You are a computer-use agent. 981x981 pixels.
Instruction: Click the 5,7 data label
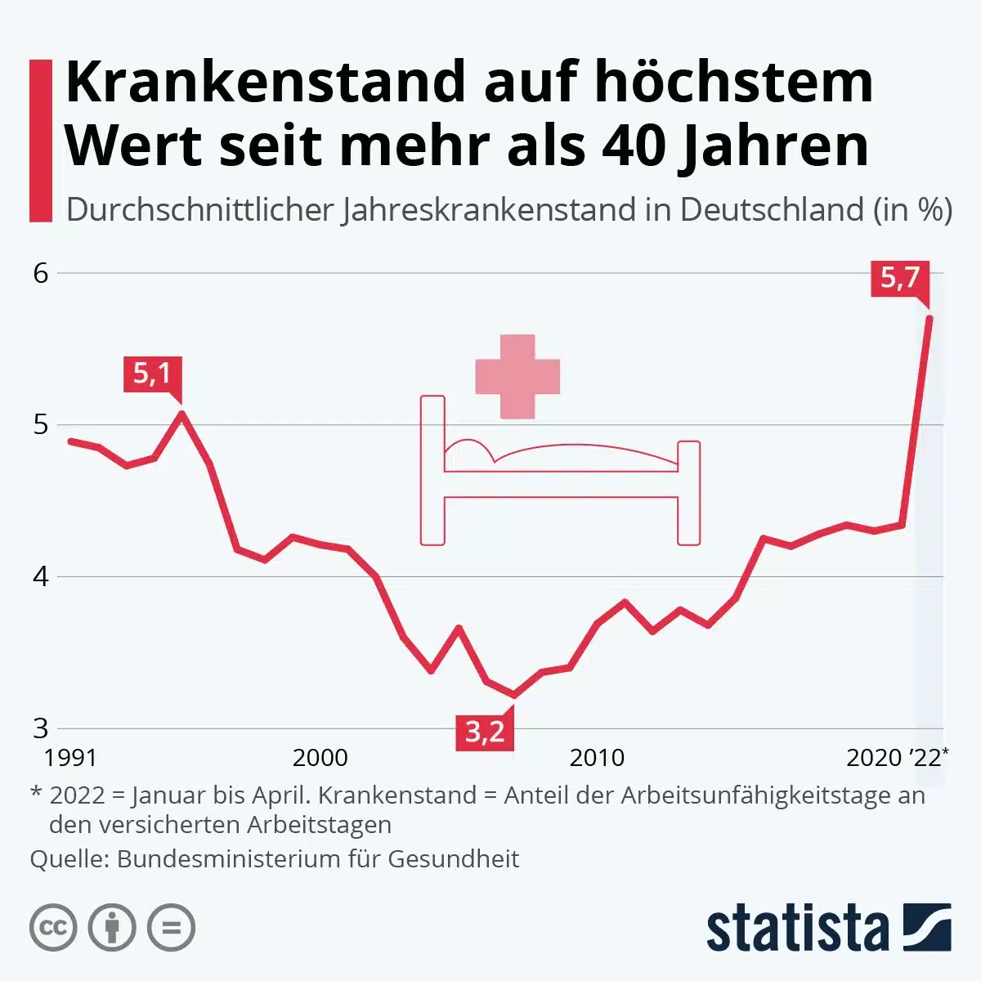(x=900, y=279)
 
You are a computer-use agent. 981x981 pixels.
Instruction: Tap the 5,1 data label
(x=152, y=374)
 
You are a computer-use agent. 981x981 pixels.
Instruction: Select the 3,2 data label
(x=485, y=731)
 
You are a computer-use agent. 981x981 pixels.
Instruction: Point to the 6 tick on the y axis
(x=41, y=273)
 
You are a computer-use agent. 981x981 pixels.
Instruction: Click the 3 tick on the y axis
(x=41, y=728)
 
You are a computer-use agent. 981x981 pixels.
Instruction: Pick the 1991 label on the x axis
(x=70, y=758)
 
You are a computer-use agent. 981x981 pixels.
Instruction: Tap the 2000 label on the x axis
(x=320, y=758)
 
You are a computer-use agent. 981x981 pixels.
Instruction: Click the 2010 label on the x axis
(x=597, y=758)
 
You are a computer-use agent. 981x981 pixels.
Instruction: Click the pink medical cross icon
(x=517, y=377)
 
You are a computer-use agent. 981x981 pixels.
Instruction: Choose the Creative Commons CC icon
(x=53, y=928)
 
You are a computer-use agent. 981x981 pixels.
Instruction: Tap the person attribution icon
(x=112, y=928)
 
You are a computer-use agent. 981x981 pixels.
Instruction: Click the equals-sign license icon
(x=172, y=928)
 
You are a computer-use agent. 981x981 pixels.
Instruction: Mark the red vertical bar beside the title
(x=41, y=141)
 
